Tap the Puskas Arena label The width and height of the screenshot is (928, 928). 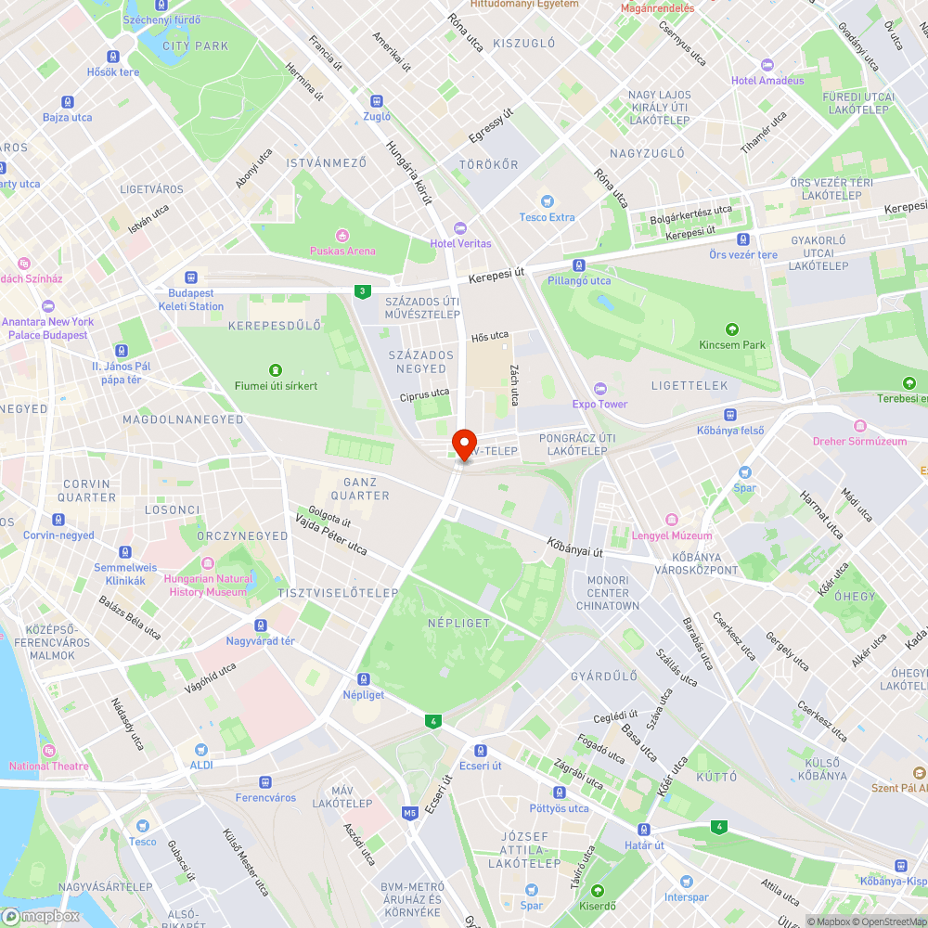coord(342,251)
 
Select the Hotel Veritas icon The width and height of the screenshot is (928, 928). coord(459,228)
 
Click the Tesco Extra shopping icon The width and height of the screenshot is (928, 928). coord(548,201)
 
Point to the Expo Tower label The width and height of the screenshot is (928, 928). coord(599,404)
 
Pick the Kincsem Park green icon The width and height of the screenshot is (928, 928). coord(732,329)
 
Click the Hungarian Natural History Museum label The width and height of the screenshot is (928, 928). coord(208,585)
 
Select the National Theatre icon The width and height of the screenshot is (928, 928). coord(49,750)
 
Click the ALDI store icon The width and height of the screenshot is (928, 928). coord(201,749)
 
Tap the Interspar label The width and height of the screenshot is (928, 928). coord(686,896)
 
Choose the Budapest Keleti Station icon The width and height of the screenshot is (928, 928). coord(191,277)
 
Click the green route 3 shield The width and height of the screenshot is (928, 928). coord(360,291)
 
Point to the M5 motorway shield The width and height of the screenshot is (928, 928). coord(409,814)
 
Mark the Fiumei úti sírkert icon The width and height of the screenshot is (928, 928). coord(275,369)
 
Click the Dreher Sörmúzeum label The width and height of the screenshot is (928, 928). coord(859,441)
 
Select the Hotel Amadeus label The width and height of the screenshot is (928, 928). coord(767,80)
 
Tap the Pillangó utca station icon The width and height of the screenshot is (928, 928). coord(579,264)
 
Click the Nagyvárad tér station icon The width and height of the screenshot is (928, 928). coord(261,625)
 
